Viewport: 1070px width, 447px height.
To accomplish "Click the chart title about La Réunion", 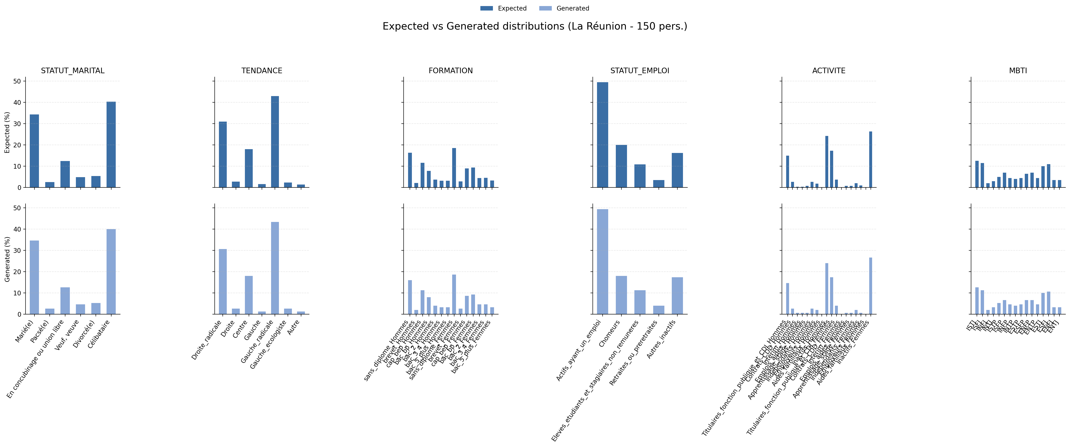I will (535, 26).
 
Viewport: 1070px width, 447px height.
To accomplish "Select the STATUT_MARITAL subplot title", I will (73, 71).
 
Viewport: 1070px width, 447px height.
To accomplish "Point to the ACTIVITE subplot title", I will (829, 71).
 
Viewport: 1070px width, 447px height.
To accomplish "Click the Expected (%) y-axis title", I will (7, 132).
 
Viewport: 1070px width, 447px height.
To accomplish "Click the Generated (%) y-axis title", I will (7, 259).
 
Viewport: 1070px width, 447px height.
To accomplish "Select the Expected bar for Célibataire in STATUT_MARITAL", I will (111, 145).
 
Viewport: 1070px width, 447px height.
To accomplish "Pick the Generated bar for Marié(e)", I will (34, 277).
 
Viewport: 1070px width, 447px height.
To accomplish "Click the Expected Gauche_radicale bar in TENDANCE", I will (275, 142).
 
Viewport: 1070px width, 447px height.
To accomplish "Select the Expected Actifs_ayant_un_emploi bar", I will (602, 135).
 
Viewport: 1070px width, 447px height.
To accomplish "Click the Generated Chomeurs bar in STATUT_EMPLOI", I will (621, 295).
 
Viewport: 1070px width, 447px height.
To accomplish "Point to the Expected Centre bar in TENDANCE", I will (249, 168).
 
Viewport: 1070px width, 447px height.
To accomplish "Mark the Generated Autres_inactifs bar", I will (677, 295).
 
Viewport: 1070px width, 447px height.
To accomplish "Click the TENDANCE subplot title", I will (262, 71).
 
